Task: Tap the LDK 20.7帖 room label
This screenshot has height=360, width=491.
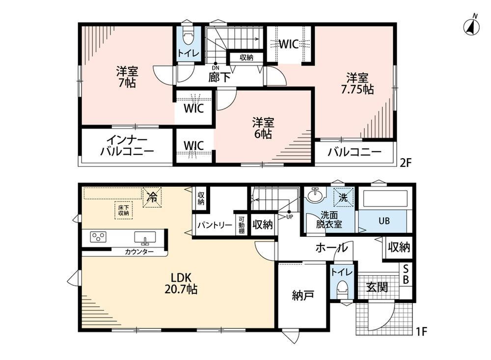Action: [181, 283]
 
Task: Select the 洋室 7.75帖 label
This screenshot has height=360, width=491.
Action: [357, 83]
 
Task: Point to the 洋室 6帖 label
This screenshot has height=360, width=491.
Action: [263, 128]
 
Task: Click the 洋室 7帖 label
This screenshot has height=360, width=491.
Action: [127, 77]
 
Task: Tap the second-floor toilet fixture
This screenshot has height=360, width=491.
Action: [188, 36]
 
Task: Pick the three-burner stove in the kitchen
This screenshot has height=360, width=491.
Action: [98, 237]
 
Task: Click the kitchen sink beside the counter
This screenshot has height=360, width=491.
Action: [145, 238]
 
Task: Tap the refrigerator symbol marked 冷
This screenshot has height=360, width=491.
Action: [152, 197]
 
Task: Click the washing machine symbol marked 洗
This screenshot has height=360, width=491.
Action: [343, 197]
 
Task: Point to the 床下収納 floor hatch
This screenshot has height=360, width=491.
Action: [123, 210]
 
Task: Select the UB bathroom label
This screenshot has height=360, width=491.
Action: [384, 221]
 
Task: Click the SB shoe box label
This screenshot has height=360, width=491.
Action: [406, 274]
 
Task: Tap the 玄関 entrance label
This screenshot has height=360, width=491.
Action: [377, 287]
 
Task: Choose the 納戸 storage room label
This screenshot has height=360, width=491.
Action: [303, 295]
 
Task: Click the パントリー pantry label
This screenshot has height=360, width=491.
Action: [215, 225]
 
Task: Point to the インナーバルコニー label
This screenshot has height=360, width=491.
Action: [127, 146]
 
